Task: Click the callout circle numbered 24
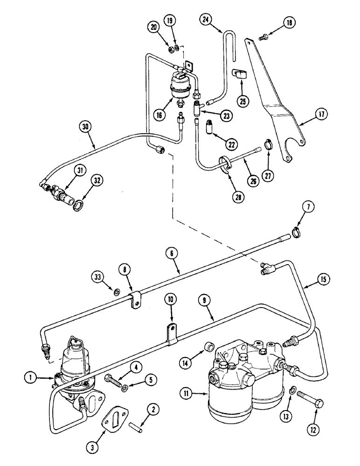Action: (x=206, y=20)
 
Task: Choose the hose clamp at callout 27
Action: (x=268, y=145)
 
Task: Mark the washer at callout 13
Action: (x=293, y=389)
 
